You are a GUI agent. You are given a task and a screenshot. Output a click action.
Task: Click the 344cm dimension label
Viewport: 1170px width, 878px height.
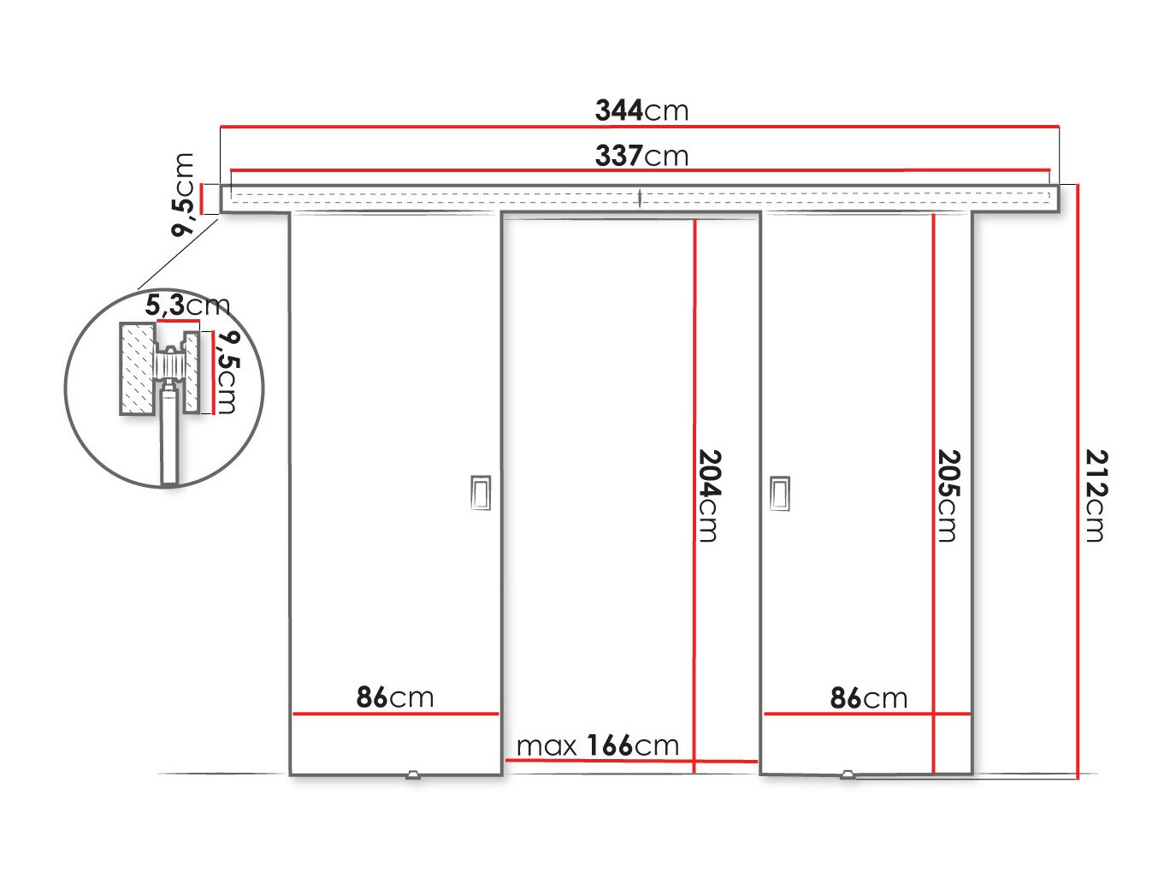point(641,110)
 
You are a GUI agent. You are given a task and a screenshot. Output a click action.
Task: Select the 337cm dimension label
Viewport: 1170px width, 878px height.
point(641,156)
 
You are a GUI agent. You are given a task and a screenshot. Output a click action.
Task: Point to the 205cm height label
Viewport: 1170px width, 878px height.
point(948,495)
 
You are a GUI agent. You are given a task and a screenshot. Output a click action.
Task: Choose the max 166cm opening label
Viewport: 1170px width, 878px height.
point(597,745)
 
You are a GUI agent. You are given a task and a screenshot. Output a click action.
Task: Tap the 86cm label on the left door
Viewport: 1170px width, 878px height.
point(395,697)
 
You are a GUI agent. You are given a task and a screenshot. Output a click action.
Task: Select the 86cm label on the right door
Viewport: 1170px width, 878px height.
point(868,698)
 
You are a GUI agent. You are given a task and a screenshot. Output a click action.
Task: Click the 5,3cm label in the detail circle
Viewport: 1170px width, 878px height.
point(186,305)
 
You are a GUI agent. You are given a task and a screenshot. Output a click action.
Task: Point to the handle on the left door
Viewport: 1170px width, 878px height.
point(481,492)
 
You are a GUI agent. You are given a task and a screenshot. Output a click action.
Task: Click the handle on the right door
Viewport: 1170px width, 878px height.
point(779,492)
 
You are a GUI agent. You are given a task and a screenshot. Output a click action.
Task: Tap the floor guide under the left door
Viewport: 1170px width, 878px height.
point(414,775)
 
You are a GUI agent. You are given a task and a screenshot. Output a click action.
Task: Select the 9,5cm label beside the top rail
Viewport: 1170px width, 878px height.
point(184,194)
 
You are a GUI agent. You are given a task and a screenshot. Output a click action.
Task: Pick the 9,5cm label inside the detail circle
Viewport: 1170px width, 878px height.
point(226,372)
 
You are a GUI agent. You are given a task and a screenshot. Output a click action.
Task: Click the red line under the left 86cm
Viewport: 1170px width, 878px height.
point(395,713)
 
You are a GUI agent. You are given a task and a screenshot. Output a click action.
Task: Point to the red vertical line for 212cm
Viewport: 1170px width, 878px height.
point(1078,479)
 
